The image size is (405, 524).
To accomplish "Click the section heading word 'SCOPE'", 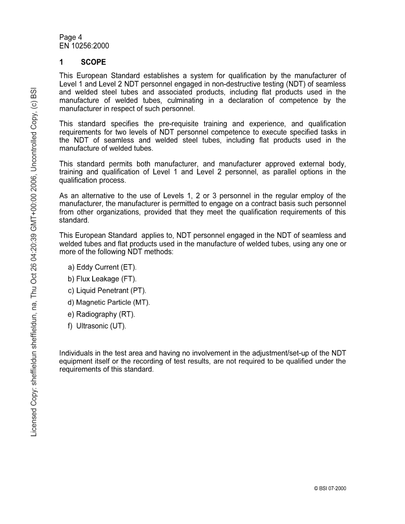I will tap(94, 62).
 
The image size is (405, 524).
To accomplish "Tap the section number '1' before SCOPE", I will tap(61, 62).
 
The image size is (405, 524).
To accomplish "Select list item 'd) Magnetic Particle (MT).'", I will tap(109, 303).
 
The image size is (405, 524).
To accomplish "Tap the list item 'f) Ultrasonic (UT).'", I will tap(97, 326).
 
